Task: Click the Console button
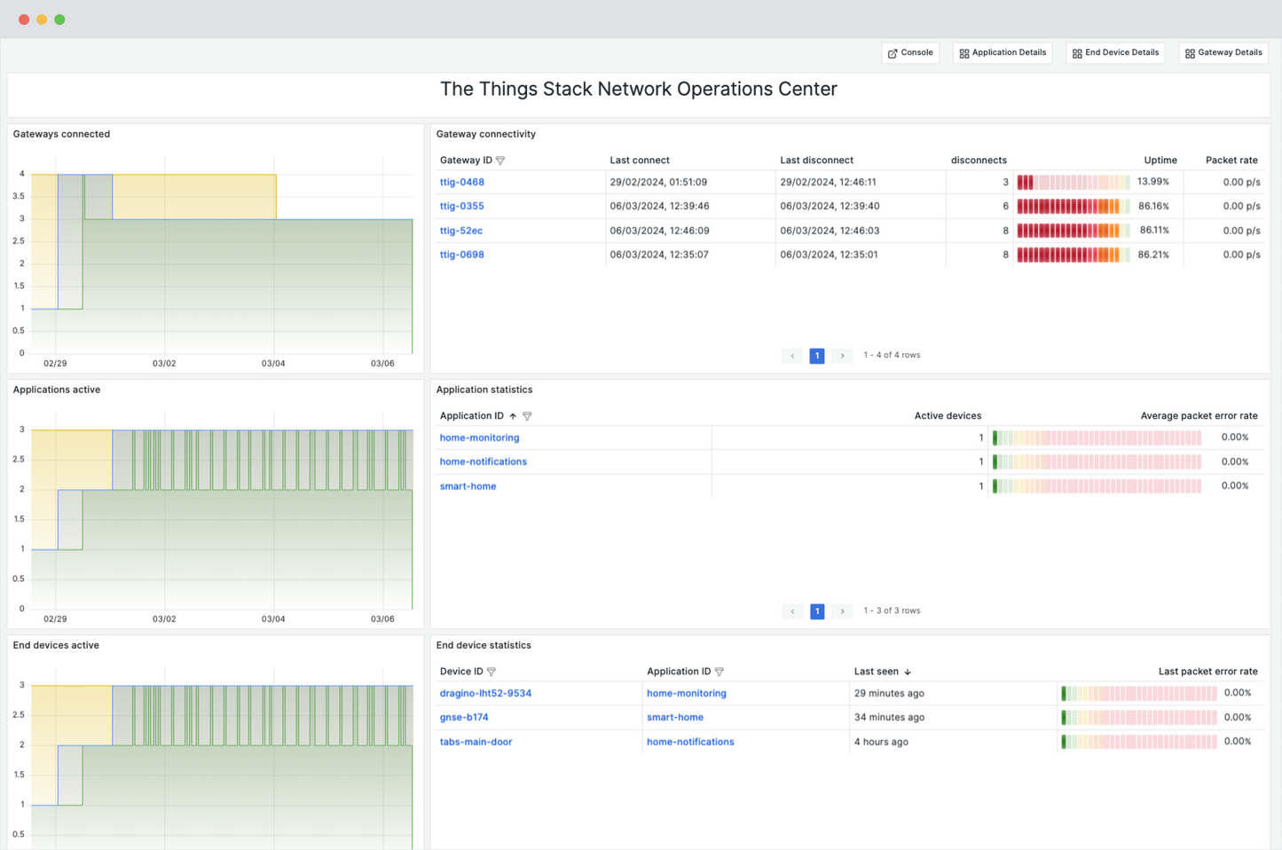[x=910, y=53]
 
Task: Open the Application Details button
[x=1003, y=53]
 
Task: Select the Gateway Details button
[x=1223, y=53]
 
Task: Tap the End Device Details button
[x=1115, y=53]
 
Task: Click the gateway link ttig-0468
[x=461, y=182]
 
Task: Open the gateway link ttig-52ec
[x=460, y=231]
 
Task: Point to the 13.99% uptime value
[x=1152, y=182]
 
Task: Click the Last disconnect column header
[x=816, y=161]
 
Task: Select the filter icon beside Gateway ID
[x=500, y=161]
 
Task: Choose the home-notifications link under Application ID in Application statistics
[x=483, y=461]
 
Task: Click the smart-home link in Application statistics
[x=468, y=486]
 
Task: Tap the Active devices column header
[x=948, y=416]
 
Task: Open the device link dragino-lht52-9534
[x=485, y=693]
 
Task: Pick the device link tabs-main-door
[x=476, y=742]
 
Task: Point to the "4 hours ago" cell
[x=881, y=742]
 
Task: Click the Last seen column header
[x=877, y=672]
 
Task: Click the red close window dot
[x=24, y=20]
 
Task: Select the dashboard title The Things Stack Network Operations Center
[x=639, y=90]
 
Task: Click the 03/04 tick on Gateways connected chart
[x=273, y=364]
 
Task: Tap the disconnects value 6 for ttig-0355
[x=1005, y=206]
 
